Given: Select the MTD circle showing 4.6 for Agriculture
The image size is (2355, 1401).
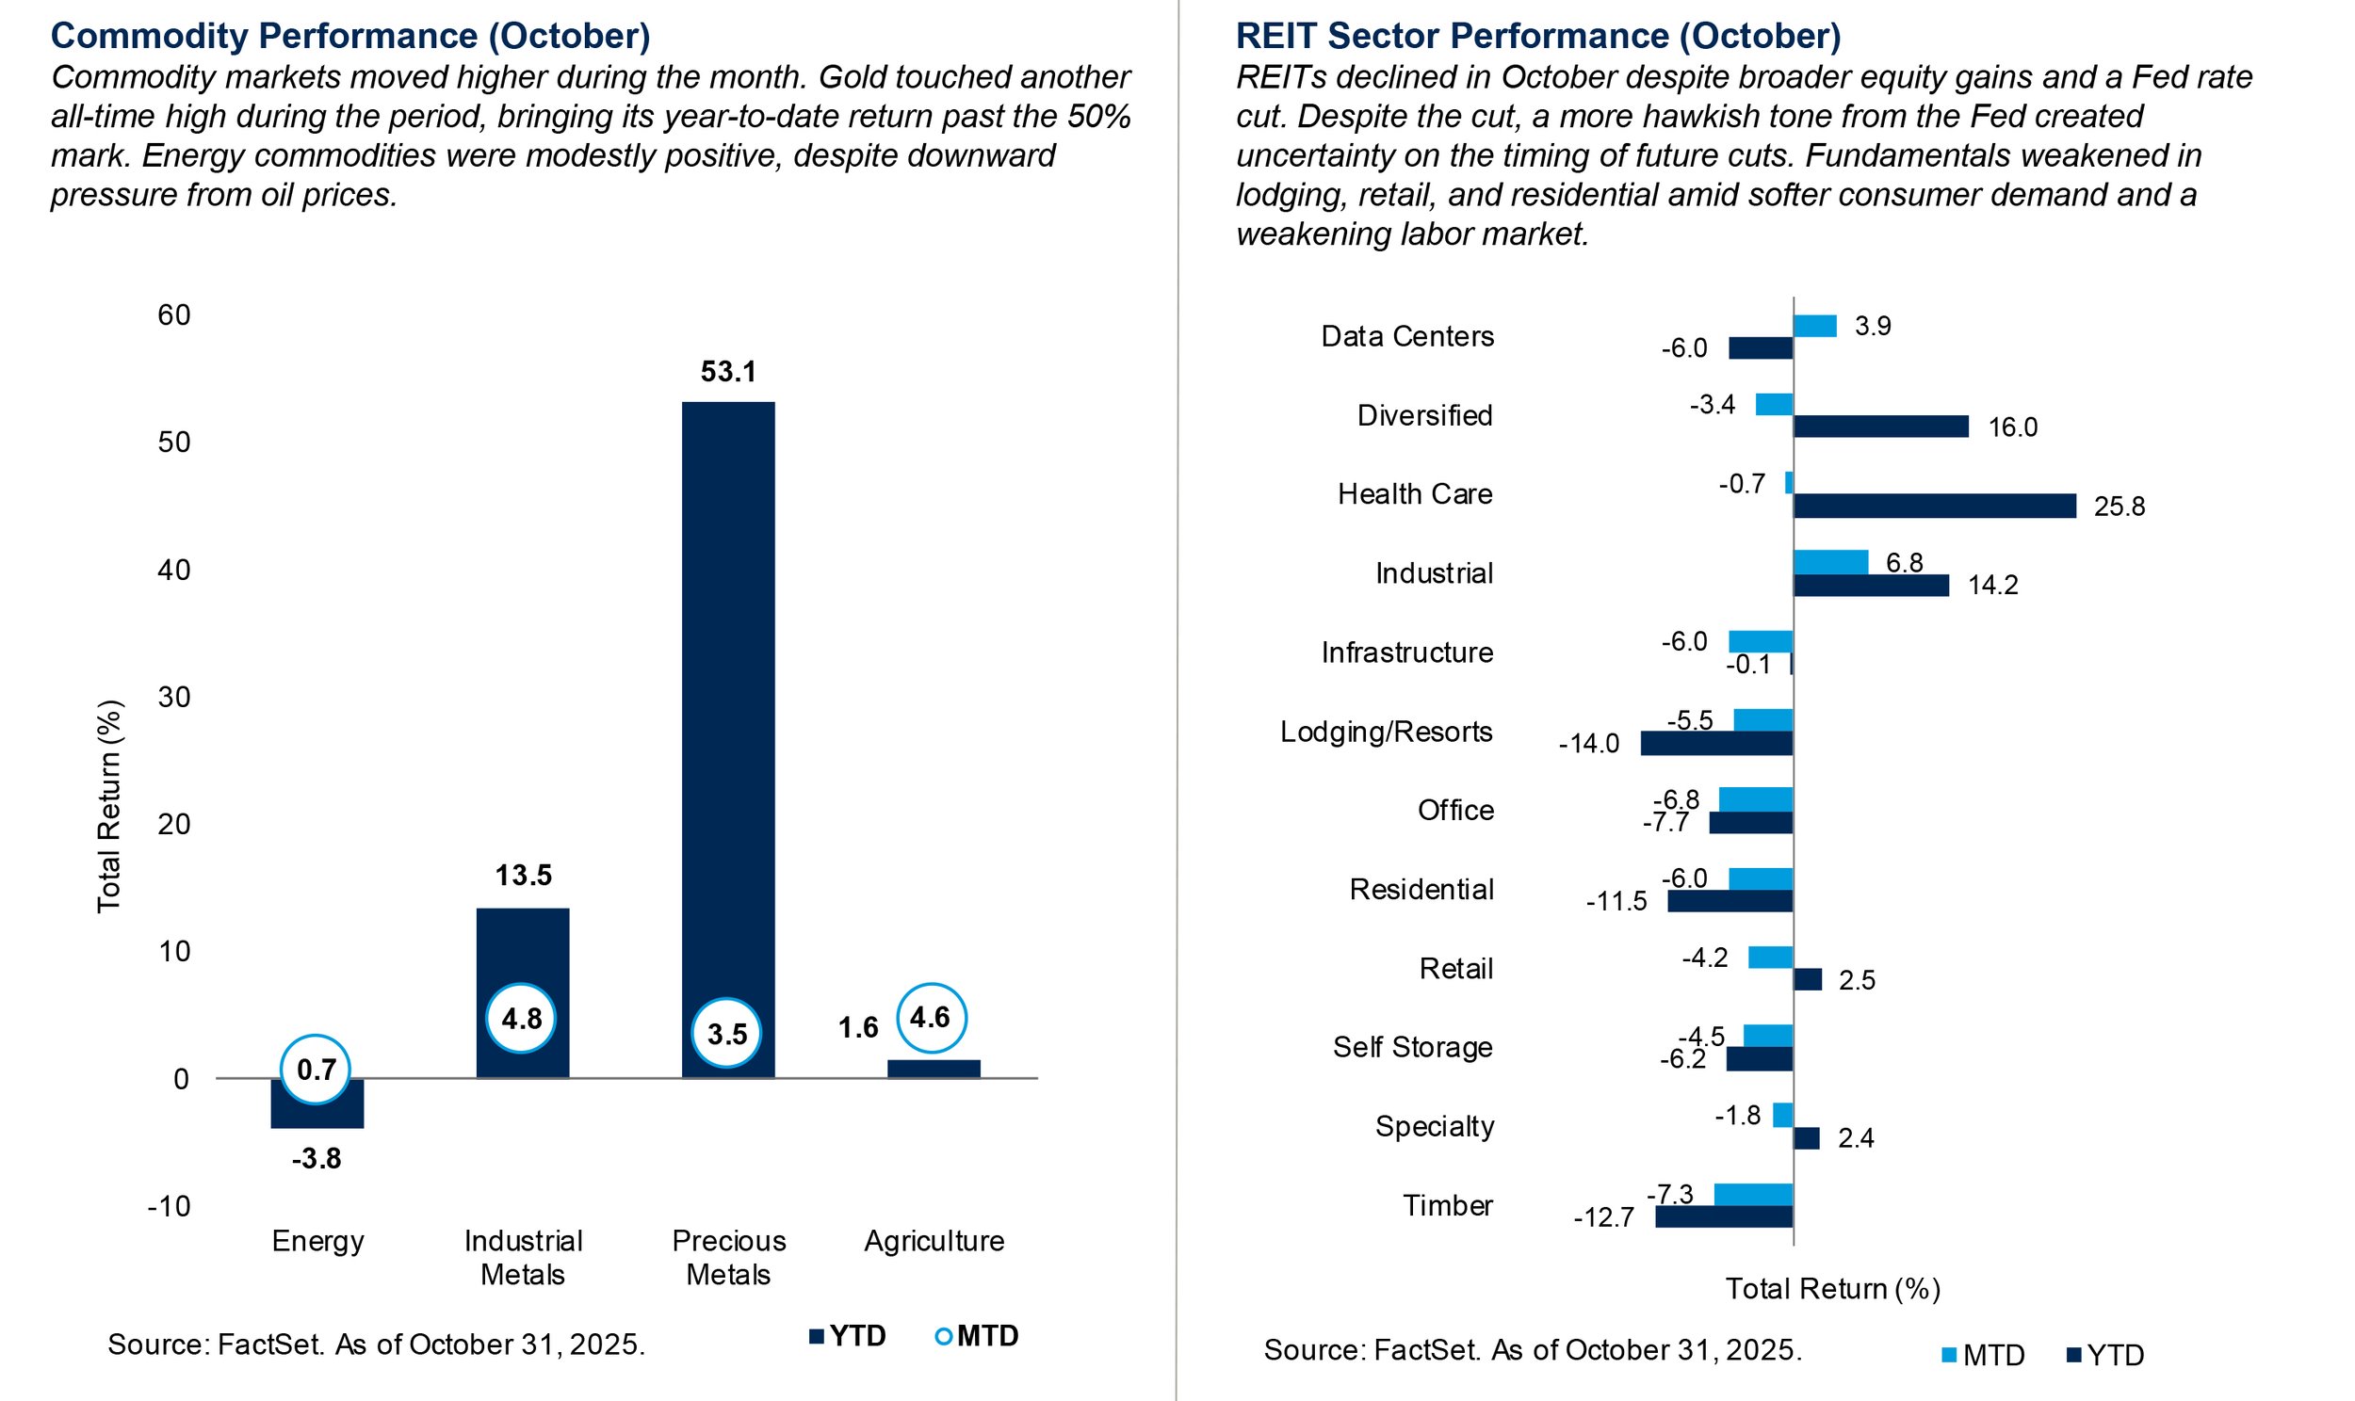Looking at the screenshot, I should [930, 1018].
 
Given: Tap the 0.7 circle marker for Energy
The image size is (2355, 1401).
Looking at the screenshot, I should [316, 1070].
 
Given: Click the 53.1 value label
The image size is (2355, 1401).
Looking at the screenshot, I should [728, 372].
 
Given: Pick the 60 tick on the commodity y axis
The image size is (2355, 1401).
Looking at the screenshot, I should [173, 315].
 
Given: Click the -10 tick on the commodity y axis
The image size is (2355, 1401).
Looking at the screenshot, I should [169, 1205].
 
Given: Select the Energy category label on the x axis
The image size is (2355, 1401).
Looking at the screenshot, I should [317, 1241].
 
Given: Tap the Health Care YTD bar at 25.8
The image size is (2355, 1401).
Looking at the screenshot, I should [1933, 506].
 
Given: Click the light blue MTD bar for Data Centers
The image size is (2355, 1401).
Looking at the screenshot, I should [1814, 326].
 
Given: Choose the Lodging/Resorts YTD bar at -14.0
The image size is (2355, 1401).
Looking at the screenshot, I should [1715, 743].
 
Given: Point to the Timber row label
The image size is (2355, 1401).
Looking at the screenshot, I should [1447, 1205].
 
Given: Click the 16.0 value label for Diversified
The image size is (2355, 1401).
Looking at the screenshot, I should [2012, 427].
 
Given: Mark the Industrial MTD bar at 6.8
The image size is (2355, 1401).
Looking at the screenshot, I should [1830, 562].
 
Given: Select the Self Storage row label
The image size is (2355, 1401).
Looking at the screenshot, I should [1412, 1047].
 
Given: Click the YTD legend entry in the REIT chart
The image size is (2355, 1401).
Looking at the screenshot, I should [2104, 1356].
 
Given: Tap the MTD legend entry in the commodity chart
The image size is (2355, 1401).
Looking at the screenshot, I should [976, 1336].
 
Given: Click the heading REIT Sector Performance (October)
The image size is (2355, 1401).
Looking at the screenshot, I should [1537, 36].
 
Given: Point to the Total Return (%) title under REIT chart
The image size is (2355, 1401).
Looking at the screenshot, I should [1832, 1289].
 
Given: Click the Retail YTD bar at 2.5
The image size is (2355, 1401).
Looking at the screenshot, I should [1807, 979].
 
